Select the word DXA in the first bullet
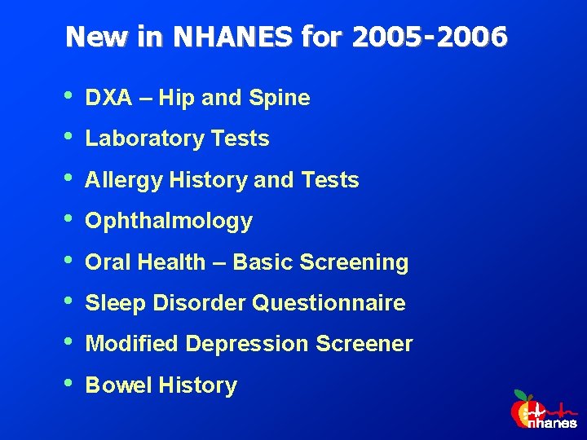(108, 99)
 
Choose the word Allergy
(124, 180)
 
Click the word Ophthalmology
(169, 222)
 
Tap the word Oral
(108, 262)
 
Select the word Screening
(354, 262)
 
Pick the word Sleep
(113, 303)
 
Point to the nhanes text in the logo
(552, 423)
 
